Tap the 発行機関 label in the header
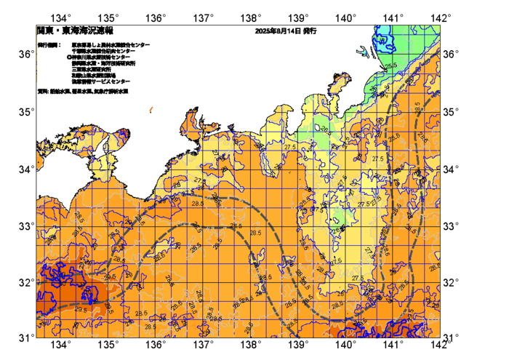tap(49, 44)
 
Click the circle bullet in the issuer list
tap(68, 57)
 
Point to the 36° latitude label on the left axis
tap(25, 55)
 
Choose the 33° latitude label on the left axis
tap(25, 225)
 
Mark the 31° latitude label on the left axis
tap(25, 337)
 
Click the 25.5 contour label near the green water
tap(391, 66)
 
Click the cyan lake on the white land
tap(364, 51)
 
